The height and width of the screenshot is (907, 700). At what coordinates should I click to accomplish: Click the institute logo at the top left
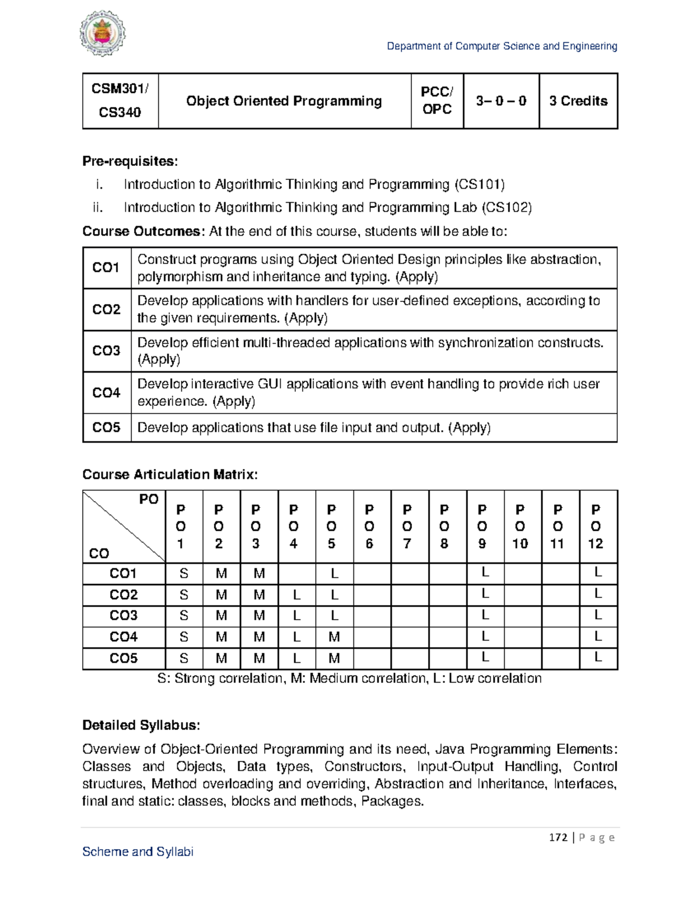(102, 33)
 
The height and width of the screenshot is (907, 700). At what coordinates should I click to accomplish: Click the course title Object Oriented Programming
(284, 101)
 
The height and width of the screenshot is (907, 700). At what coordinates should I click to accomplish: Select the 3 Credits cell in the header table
(578, 101)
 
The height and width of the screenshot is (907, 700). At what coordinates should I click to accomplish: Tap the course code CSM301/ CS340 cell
(120, 100)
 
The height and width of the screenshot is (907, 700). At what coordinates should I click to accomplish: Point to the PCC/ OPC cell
(437, 100)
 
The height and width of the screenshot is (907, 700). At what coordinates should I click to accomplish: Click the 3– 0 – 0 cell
(501, 101)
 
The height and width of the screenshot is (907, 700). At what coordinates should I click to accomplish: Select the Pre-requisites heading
(130, 161)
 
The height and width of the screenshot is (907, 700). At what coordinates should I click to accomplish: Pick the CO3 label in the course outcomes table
(106, 351)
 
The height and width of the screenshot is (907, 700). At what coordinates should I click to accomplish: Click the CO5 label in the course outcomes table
(106, 428)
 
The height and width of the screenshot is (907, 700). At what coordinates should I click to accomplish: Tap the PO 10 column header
(520, 526)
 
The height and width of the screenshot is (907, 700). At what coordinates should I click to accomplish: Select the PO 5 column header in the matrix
(331, 526)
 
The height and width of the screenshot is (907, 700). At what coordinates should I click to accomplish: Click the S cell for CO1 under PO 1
(184, 574)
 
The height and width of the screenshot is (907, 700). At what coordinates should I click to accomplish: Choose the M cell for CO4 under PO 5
(334, 637)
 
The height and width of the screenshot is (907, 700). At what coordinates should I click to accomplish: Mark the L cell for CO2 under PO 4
(296, 595)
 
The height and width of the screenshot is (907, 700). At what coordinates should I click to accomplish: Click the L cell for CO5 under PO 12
(598, 658)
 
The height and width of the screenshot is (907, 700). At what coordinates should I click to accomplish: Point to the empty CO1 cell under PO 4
(296, 574)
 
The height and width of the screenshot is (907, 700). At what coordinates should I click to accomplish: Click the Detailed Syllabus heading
(141, 725)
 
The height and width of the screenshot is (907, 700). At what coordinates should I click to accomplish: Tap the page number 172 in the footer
(558, 838)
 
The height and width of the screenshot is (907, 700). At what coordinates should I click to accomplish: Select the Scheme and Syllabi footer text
(138, 852)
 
